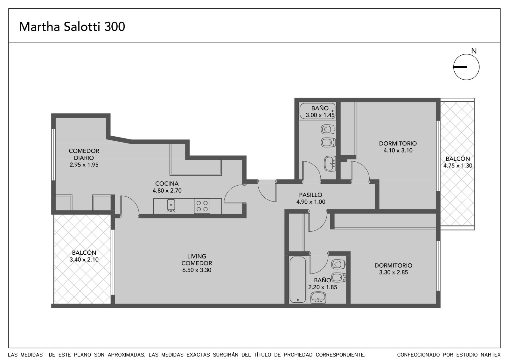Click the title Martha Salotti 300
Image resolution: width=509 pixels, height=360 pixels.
(72, 27)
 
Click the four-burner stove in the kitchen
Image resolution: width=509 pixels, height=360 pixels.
(202, 206)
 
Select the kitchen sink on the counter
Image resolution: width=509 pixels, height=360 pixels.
(171, 205)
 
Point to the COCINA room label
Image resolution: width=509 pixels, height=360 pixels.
(167, 184)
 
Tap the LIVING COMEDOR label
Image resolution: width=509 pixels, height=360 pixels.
(197, 259)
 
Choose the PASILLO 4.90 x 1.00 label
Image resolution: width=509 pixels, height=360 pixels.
(310, 198)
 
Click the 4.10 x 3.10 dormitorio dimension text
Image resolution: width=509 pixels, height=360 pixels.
(398, 150)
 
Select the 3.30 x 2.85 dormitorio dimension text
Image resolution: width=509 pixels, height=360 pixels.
(393, 272)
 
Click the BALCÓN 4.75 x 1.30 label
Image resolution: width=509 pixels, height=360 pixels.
(458, 162)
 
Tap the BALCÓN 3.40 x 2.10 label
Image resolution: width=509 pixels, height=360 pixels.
(84, 256)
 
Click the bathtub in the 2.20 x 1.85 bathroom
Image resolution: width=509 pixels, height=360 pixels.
(298, 280)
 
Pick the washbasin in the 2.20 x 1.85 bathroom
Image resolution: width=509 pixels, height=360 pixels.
(318, 298)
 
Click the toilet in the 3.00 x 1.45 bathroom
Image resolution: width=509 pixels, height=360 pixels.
(328, 130)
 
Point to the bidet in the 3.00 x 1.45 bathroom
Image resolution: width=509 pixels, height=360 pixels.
(328, 142)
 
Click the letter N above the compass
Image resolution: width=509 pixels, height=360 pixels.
(474, 51)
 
